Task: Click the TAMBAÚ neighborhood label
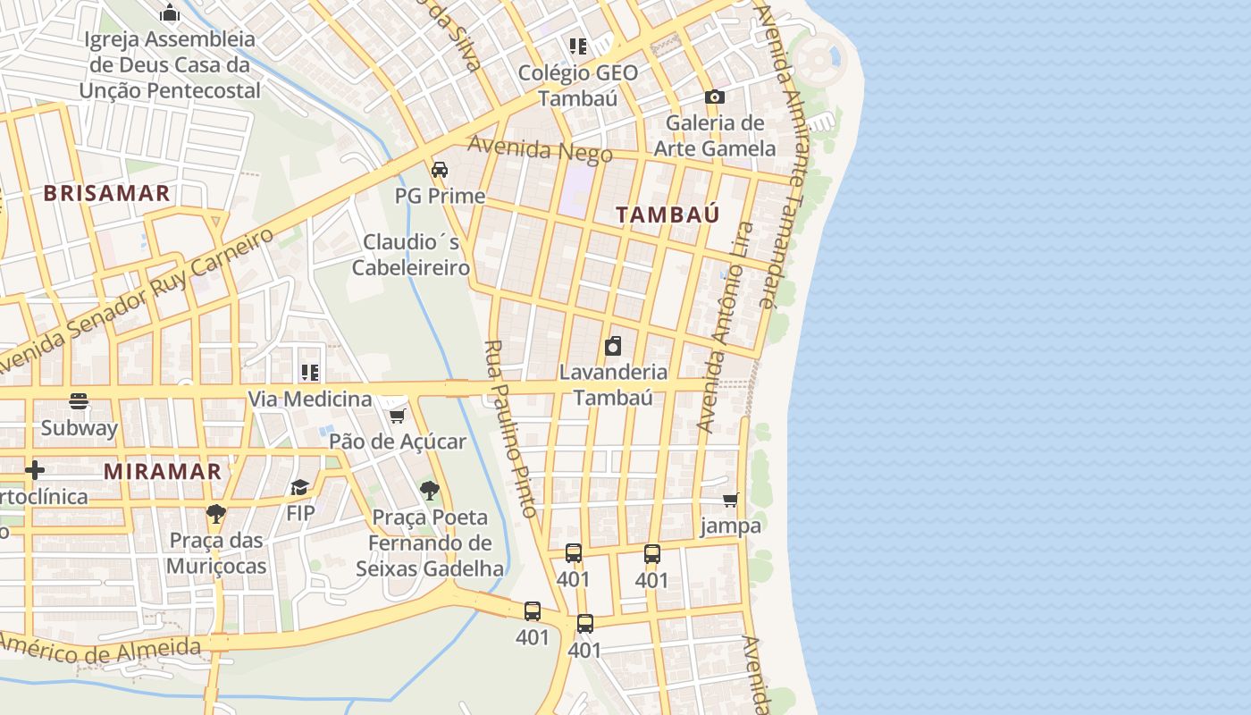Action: tap(667, 214)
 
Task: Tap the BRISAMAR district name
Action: tap(106, 194)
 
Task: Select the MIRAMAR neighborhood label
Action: tap(163, 471)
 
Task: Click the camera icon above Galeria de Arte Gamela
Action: tap(714, 97)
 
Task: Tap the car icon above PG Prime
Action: tap(440, 170)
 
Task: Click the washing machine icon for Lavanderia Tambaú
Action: tap(613, 346)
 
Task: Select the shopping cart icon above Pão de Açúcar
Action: tap(398, 416)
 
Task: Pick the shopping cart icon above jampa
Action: tap(731, 500)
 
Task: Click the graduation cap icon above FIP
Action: tap(299, 487)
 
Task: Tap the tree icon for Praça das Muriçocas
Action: tap(215, 513)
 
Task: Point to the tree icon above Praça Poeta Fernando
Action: tap(430, 490)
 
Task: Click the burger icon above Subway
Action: tap(79, 401)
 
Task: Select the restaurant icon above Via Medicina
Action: tap(309, 373)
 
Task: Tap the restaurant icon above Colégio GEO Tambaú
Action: tap(578, 46)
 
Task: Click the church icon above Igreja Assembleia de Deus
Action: tap(169, 13)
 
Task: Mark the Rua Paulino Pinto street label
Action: tap(511, 429)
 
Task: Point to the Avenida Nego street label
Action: tap(540, 149)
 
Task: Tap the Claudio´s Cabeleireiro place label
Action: tap(411, 255)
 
